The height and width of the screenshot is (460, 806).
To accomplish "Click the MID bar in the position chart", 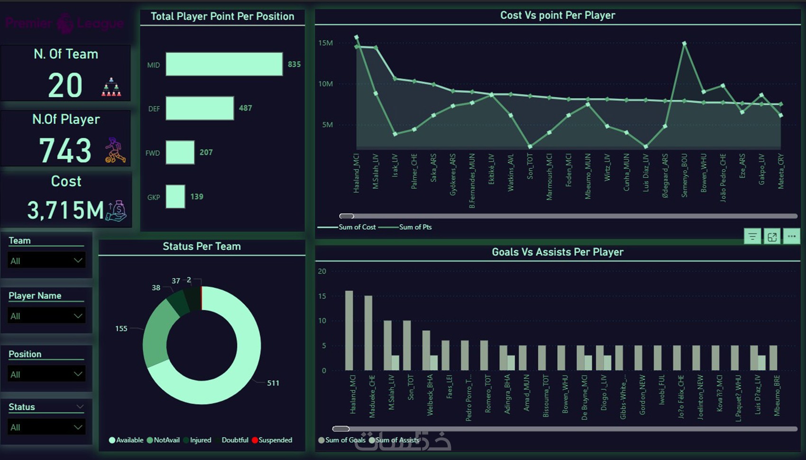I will tap(224, 64).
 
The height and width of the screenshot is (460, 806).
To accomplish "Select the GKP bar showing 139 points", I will tap(175, 196).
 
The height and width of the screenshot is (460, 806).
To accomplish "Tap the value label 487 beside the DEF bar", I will tap(245, 108).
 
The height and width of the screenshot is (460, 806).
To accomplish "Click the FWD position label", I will tap(152, 153).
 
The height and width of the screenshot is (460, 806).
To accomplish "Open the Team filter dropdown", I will tap(46, 260).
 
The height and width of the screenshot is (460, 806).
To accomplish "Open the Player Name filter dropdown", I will tap(46, 316).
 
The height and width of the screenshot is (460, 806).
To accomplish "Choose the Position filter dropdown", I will tap(46, 374).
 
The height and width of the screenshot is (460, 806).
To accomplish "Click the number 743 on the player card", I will tap(65, 151).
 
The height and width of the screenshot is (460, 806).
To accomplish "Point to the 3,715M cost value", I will tap(65, 210).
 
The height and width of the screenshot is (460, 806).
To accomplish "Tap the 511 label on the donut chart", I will tap(273, 383).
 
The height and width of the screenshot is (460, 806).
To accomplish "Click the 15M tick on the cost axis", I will tap(325, 43).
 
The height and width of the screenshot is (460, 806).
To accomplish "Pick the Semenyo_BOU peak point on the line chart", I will tap(684, 44).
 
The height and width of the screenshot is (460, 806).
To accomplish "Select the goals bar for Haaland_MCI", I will tap(349, 331).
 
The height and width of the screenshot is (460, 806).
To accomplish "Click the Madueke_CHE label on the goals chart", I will tap(372, 396).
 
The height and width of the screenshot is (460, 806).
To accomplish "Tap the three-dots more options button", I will tap(791, 236).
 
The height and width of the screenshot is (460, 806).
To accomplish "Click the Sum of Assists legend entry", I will tap(397, 440).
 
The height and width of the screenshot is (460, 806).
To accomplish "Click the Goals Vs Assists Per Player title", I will tap(558, 252).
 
